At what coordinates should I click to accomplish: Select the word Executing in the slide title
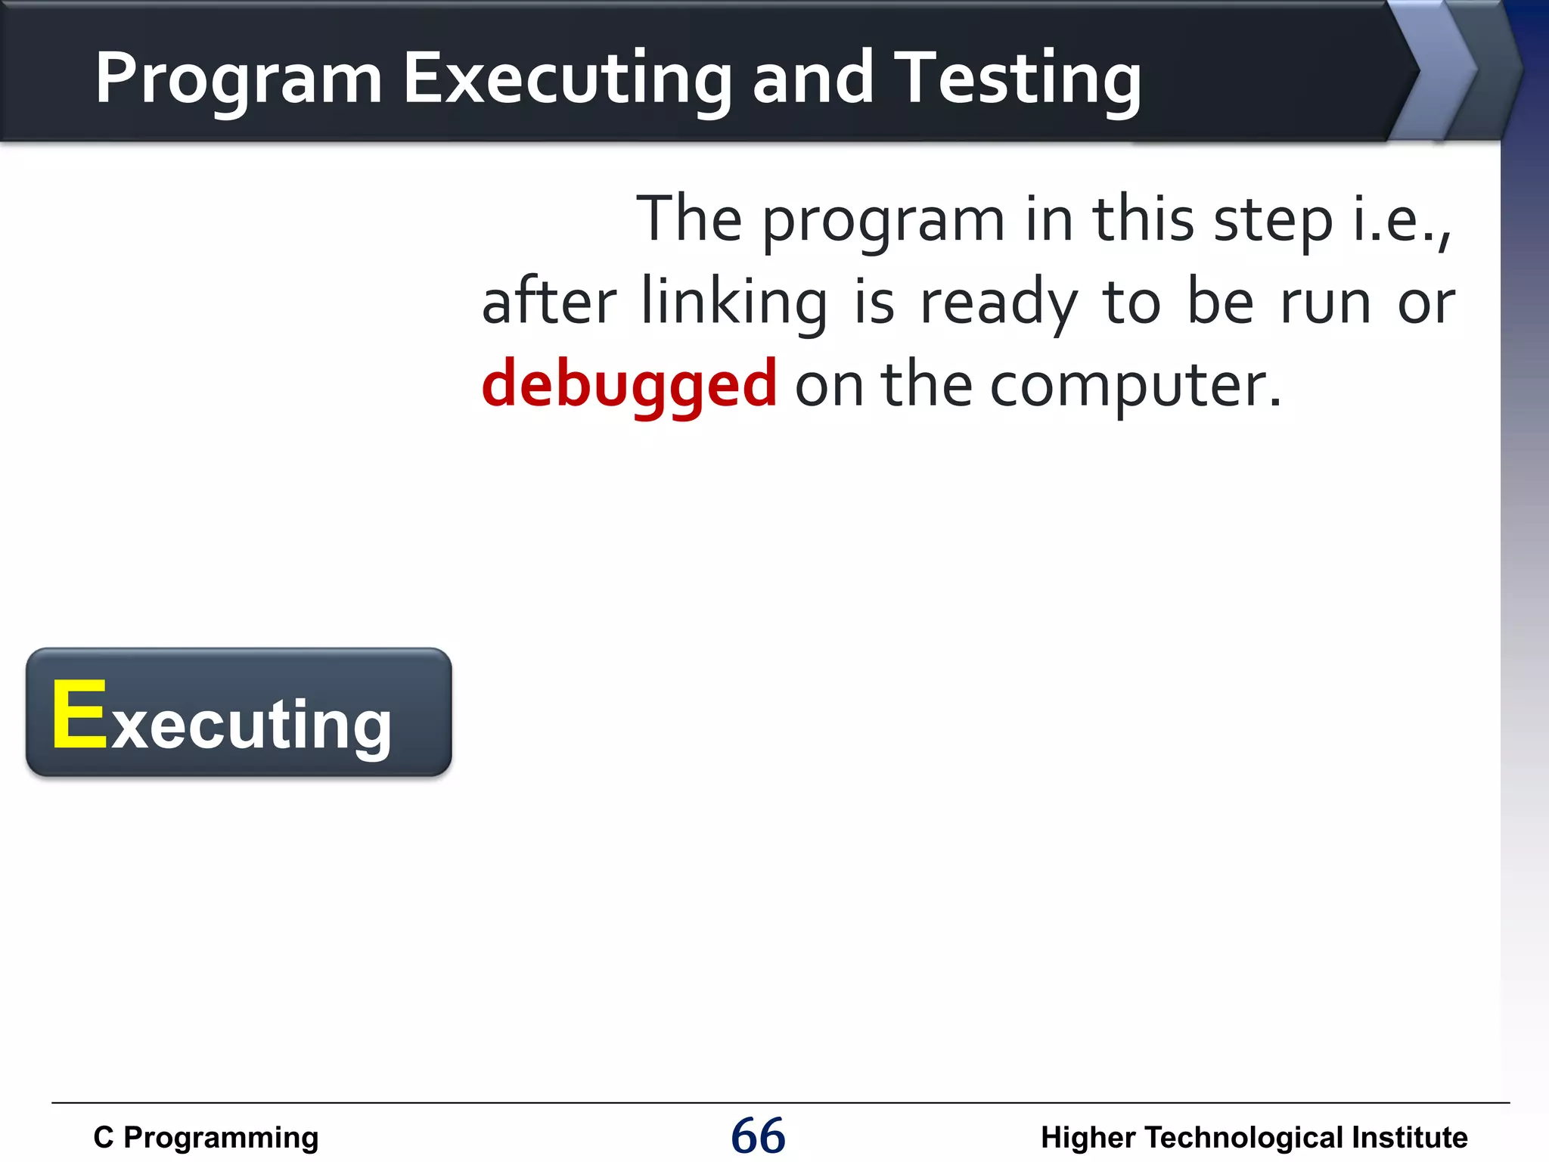(x=567, y=79)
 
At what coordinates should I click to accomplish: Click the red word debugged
(x=629, y=384)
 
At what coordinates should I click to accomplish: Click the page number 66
(x=758, y=1136)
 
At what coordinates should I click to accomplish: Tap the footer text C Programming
(x=206, y=1138)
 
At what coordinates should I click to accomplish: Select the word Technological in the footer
(x=1244, y=1138)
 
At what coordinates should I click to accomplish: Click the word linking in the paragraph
(x=734, y=303)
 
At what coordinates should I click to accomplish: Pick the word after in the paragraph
(x=549, y=303)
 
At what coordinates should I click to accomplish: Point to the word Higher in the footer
(x=1088, y=1138)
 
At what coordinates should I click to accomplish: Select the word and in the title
(x=814, y=79)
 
